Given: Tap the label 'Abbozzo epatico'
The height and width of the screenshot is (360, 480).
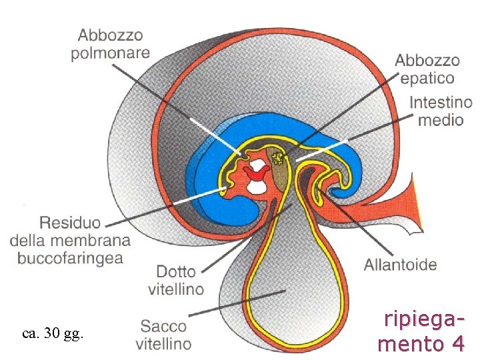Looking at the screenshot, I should (427, 69).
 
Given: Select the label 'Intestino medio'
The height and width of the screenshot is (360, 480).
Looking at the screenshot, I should (440, 111).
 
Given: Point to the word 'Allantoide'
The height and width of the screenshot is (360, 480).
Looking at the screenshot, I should (400, 265).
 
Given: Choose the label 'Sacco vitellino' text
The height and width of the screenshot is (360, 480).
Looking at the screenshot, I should (164, 335).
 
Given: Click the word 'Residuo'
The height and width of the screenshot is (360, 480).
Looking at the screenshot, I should (70, 222).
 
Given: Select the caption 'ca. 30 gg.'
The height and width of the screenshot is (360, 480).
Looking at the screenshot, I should (53, 334).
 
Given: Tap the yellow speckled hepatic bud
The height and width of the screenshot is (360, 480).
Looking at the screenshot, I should (278, 158).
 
